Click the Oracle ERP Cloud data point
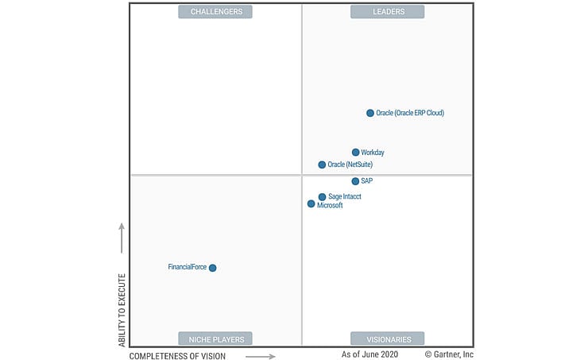[370, 113]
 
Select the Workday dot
[356, 153]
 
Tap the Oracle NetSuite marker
[322, 165]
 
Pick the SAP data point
[355, 181]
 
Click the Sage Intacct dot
[322, 196]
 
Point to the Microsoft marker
[311, 204]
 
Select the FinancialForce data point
[212, 268]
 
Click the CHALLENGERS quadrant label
[215, 12]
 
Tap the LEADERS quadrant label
[388, 12]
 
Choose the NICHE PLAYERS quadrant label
[215, 339]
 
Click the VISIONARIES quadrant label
[388, 339]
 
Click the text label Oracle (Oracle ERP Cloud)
[410, 113]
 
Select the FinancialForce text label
[187, 267]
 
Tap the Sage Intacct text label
[345, 196]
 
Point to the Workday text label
[373, 153]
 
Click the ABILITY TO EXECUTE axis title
[122, 310]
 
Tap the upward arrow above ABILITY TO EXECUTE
[122, 238]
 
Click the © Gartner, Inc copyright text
[449, 354]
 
